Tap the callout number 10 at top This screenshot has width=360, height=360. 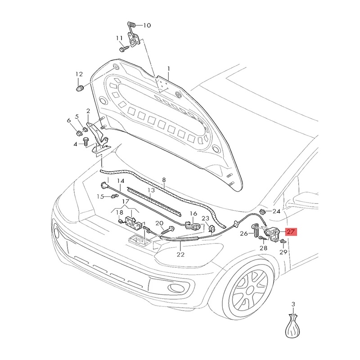click(x=147, y=25)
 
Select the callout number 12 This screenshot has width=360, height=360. click(x=79, y=74)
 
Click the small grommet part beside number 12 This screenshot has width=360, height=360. click(x=80, y=87)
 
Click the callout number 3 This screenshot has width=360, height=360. click(x=293, y=305)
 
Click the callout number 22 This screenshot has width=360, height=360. click(x=180, y=255)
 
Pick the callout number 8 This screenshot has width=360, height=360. click(x=164, y=179)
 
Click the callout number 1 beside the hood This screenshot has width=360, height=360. click(x=168, y=69)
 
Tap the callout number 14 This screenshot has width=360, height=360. click(x=121, y=181)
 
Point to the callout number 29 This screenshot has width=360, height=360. click(x=283, y=252)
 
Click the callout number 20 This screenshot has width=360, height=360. click(x=159, y=224)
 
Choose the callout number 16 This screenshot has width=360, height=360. click(x=193, y=214)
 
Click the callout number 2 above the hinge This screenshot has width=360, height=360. click(x=88, y=111)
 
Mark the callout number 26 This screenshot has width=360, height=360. click(x=244, y=234)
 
